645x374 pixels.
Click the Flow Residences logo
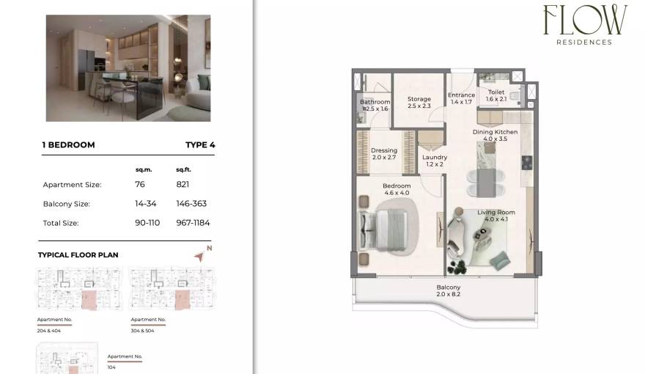(x=584, y=24)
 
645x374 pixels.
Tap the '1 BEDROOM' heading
(x=69, y=145)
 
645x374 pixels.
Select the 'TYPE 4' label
(x=200, y=145)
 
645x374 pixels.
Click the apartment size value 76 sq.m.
(x=140, y=185)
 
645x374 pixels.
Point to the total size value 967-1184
(x=192, y=223)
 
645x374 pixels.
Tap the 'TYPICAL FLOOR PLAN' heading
(x=78, y=255)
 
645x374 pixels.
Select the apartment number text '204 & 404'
(x=49, y=331)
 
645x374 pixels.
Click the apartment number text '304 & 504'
(x=143, y=331)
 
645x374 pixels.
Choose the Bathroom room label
(x=375, y=102)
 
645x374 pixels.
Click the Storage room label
(x=419, y=99)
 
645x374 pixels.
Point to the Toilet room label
(x=496, y=92)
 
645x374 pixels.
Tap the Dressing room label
(x=384, y=151)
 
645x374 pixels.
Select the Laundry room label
(x=435, y=157)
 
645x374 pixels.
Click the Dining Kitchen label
(x=495, y=132)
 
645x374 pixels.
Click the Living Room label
(x=496, y=213)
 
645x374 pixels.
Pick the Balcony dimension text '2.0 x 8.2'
(x=448, y=294)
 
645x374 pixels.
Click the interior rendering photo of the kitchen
(x=128, y=68)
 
